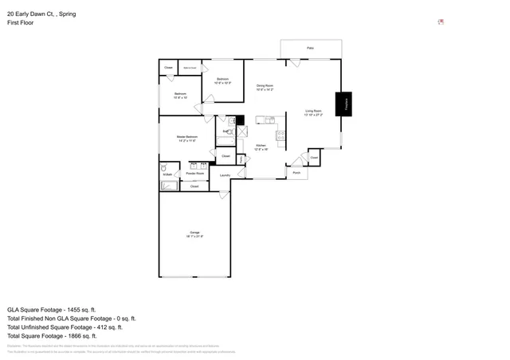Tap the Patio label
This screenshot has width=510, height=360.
click(x=310, y=49)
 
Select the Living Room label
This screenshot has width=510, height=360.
click(x=313, y=112)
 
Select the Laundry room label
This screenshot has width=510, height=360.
click(x=225, y=175)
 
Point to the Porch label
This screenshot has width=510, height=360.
click(x=296, y=173)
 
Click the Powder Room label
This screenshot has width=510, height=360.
click(x=194, y=173)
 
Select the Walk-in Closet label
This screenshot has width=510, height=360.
click(x=190, y=68)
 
